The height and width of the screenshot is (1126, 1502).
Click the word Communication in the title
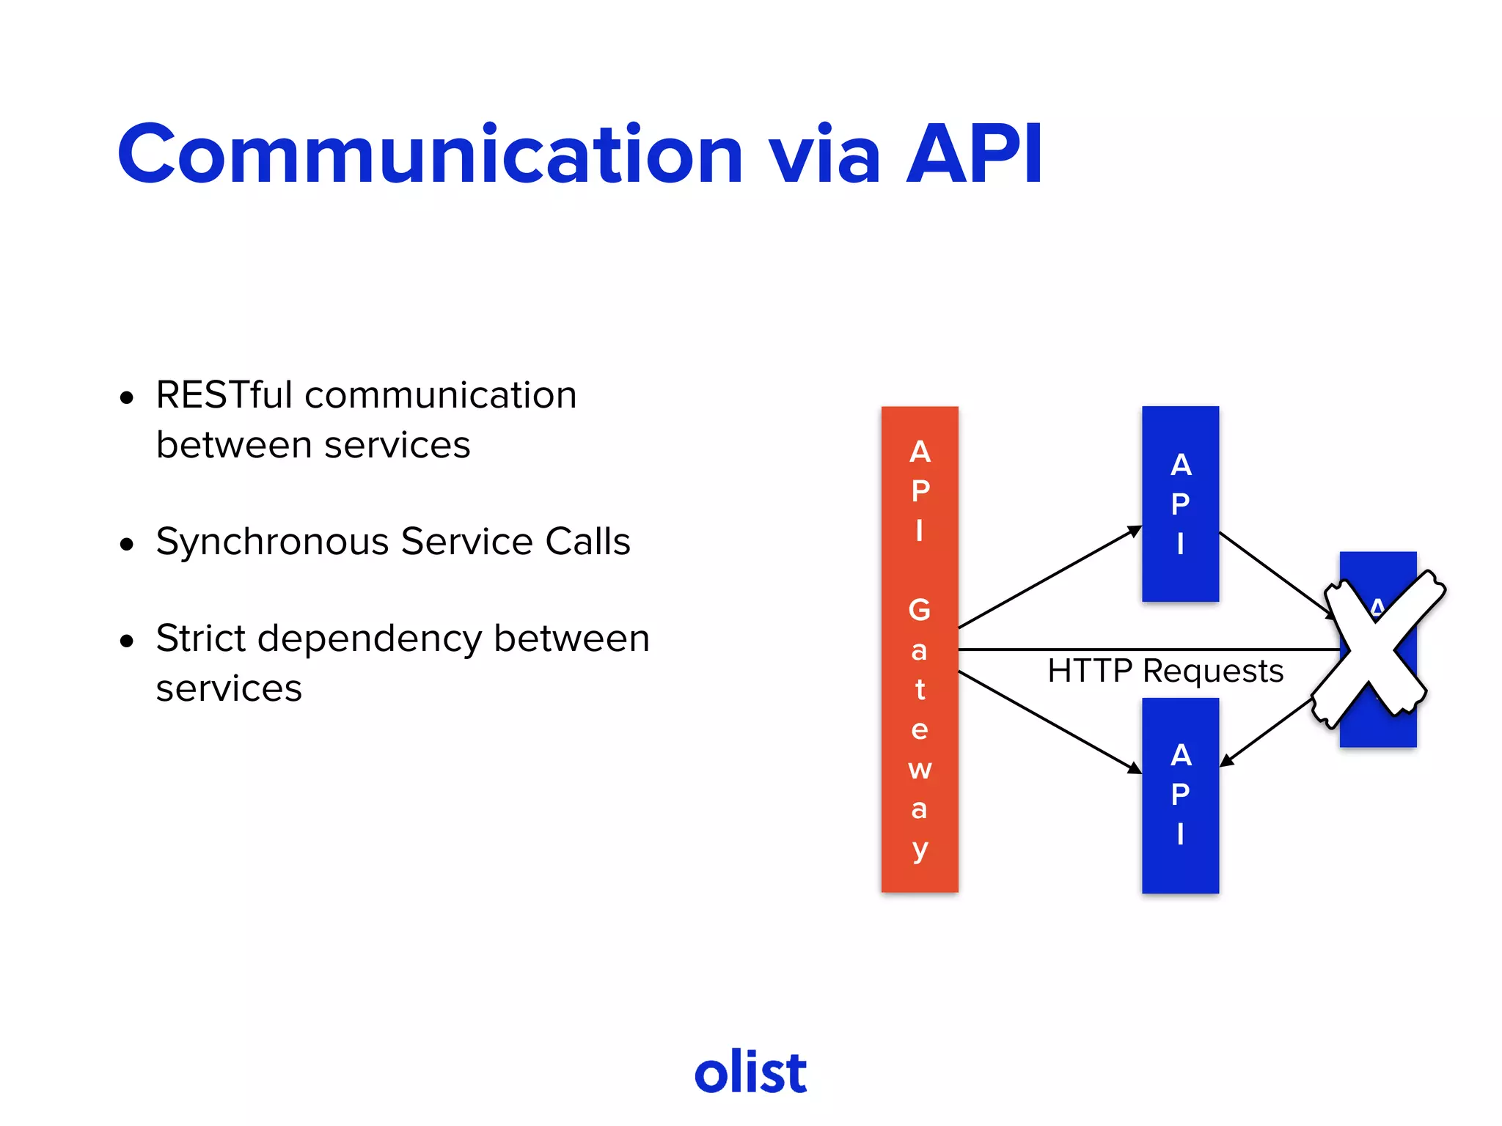click(431, 155)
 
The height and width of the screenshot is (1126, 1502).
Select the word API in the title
click(974, 155)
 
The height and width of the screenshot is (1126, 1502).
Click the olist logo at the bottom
click(750, 1072)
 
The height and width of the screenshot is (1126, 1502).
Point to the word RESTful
click(224, 395)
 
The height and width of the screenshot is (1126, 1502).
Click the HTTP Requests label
click(1165, 671)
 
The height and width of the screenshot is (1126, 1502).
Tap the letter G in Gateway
click(920, 609)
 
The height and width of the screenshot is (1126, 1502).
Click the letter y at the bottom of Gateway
click(920, 850)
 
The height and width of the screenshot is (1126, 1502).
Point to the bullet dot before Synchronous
click(128, 545)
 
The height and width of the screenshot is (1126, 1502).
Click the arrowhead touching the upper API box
click(1135, 530)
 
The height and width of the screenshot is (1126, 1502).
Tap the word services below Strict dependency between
click(229, 688)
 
